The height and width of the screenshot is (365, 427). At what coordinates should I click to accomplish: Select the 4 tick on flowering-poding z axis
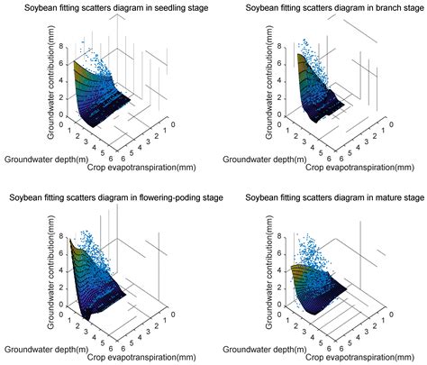[59, 268]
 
